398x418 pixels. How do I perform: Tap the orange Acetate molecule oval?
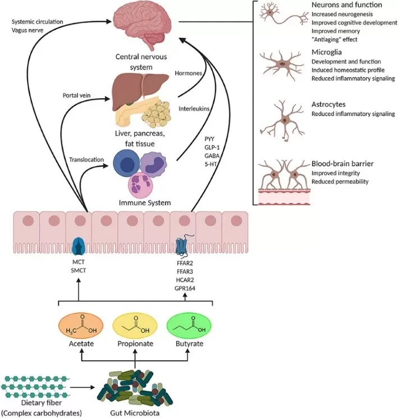coord(80,327)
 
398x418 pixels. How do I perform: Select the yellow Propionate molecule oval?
coord(134,327)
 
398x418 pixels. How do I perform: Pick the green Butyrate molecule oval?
coord(188,327)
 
